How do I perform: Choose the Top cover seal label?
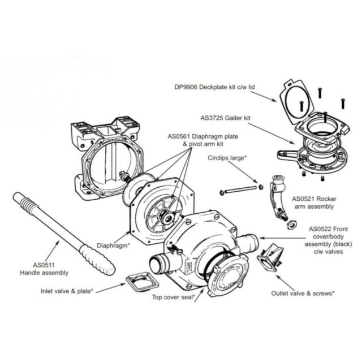(x=174, y=296)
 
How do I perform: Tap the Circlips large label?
(x=227, y=159)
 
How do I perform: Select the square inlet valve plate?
(x=138, y=281)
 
